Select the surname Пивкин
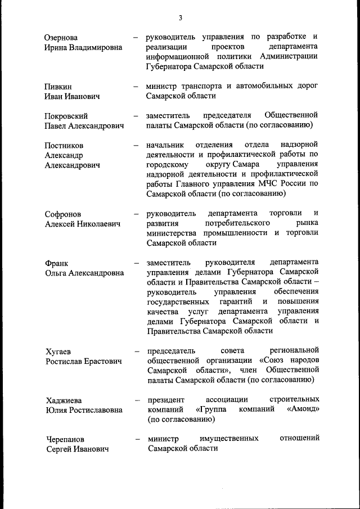point(58,87)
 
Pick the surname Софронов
point(63,214)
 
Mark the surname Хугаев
point(58,352)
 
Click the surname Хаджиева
point(64,400)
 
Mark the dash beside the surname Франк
point(136,263)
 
